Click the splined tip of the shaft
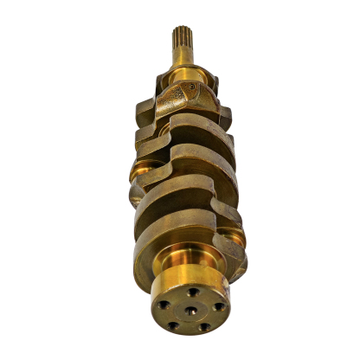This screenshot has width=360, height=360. (x=180, y=40)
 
